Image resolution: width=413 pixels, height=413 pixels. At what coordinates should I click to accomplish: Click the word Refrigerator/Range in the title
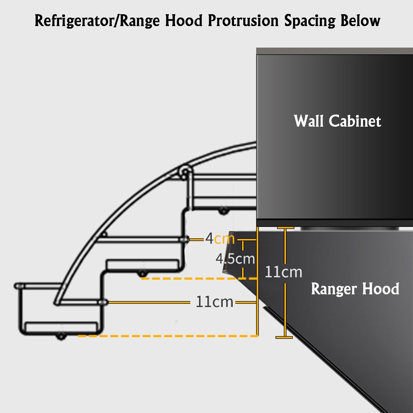(x=97, y=21)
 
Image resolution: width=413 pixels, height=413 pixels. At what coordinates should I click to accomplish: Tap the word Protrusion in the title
(x=243, y=20)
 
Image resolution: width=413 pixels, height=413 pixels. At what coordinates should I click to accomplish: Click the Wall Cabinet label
(x=337, y=121)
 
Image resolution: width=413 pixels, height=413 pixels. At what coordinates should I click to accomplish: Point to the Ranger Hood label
(x=355, y=289)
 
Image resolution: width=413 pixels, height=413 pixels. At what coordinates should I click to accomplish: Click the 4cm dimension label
(x=220, y=238)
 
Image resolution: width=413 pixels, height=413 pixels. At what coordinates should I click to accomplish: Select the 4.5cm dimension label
(x=235, y=258)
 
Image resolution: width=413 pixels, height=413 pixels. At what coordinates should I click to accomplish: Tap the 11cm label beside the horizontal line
(x=214, y=302)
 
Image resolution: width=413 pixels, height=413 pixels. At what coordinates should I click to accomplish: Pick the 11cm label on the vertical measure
(x=283, y=272)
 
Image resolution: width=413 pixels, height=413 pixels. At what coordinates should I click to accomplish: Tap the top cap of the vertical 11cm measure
(x=285, y=228)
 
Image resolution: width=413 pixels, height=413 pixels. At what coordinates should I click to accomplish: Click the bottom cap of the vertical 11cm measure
(x=284, y=337)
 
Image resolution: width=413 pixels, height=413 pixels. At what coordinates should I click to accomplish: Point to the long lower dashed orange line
(x=168, y=336)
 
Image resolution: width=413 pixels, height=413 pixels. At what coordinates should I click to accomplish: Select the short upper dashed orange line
(x=199, y=279)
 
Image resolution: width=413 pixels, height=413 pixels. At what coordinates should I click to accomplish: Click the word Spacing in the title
(x=310, y=21)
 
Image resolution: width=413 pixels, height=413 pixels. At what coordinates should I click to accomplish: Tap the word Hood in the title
(x=184, y=20)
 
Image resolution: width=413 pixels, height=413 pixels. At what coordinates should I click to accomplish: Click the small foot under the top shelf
(x=224, y=212)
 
